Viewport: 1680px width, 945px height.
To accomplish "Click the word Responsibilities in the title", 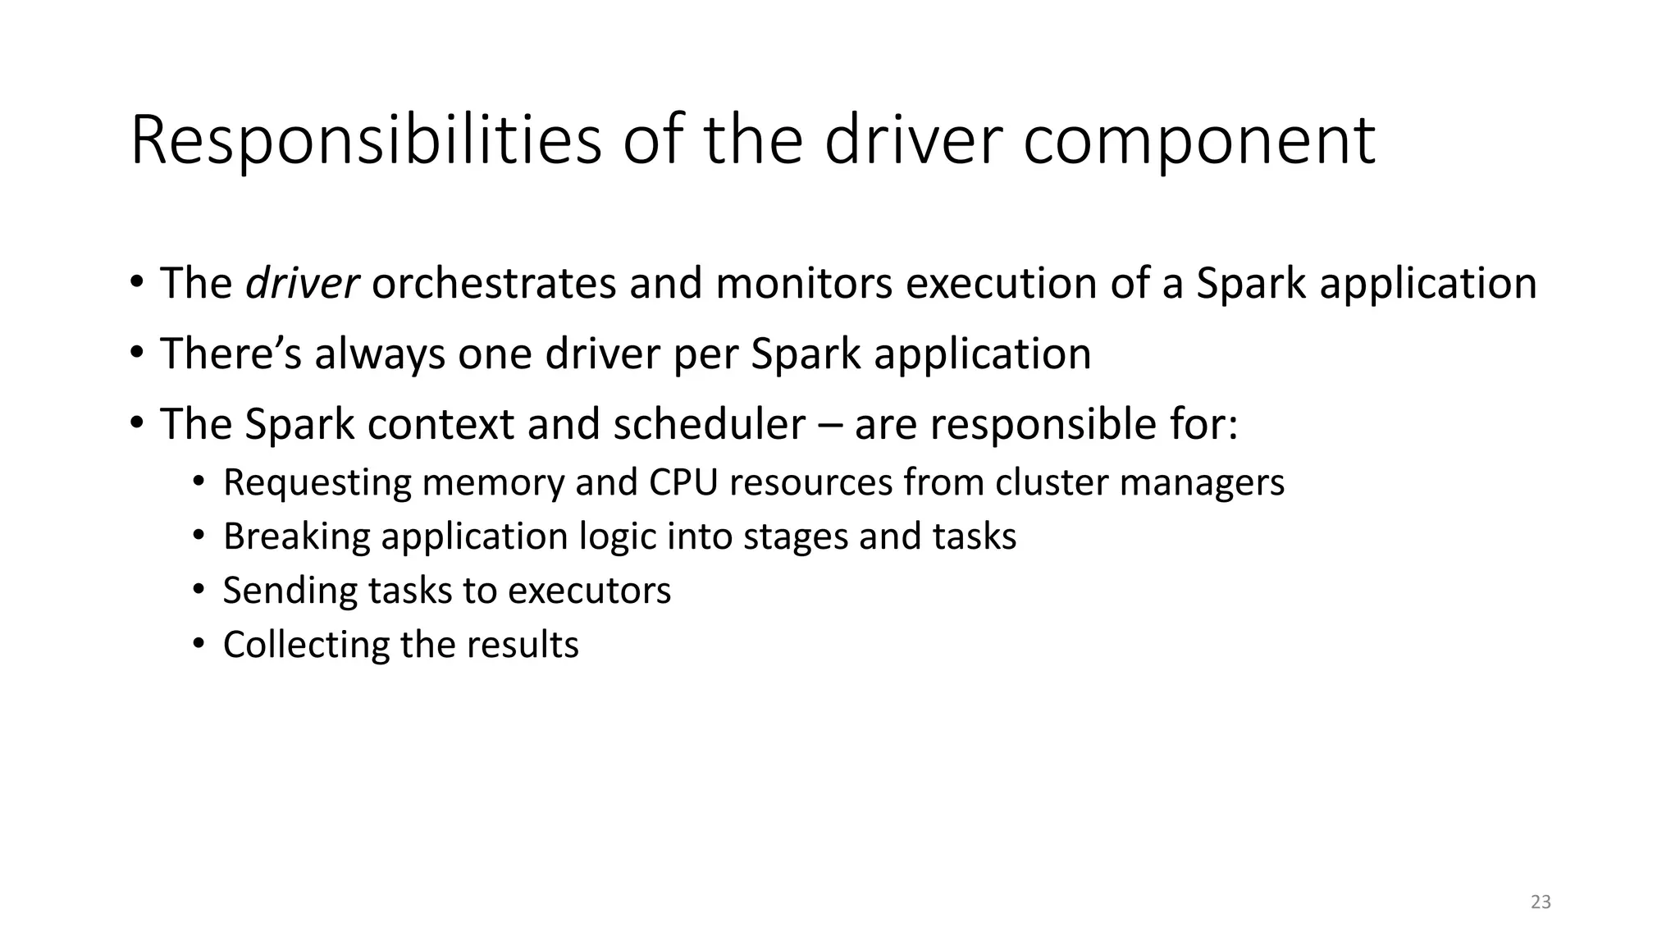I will click(365, 141).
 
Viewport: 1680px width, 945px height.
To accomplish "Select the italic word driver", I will click(302, 284).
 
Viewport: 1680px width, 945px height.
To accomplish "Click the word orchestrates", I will click(493, 284).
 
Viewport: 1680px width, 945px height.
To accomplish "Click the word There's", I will click(231, 354).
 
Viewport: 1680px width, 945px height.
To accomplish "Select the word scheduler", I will click(709, 425).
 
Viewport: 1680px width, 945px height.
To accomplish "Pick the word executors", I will click(589, 591).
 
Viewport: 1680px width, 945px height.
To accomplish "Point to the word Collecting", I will click(306, 646).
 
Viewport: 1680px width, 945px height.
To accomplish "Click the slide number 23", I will click(1541, 902).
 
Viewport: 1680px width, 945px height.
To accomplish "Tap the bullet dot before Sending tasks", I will click(198, 590).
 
